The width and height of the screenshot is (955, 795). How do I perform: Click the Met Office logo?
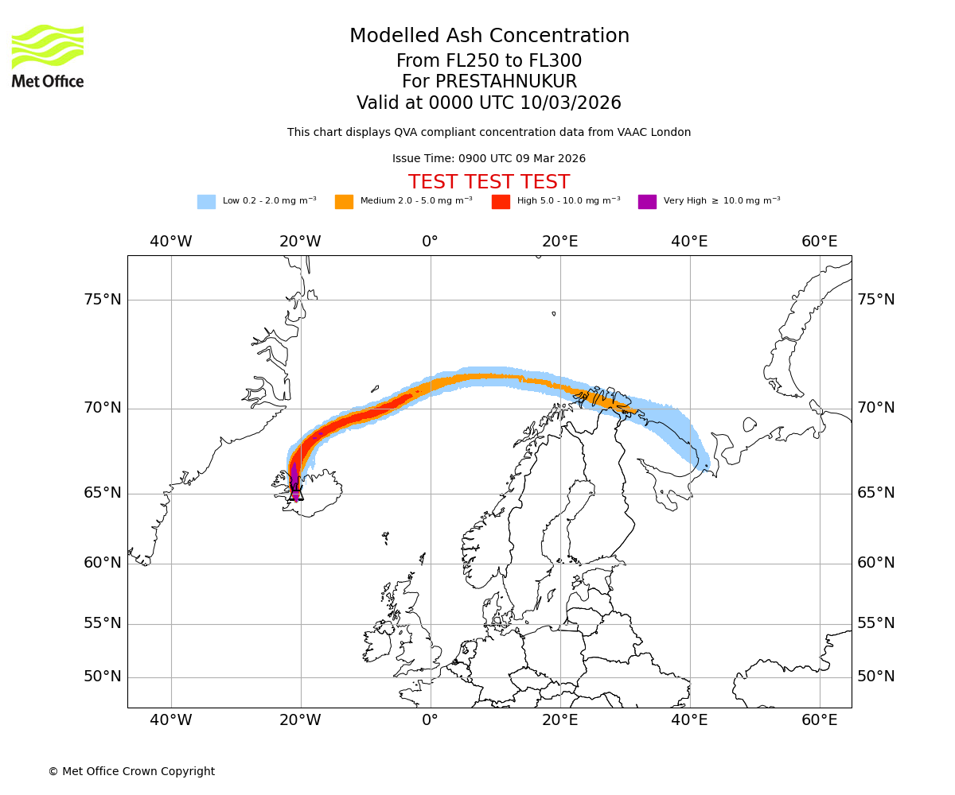point(48,56)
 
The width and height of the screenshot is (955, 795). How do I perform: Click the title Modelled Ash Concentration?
point(489,37)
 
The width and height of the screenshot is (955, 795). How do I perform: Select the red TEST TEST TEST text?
point(489,182)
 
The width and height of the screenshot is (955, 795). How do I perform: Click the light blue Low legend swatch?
point(206,202)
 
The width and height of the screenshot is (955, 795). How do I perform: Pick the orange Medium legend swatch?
point(344,202)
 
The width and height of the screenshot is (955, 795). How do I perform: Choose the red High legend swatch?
point(501,202)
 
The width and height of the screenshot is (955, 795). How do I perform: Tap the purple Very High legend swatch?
point(647,202)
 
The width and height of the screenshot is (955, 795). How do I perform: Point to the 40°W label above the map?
point(170,242)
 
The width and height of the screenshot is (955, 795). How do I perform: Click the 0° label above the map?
point(430,242)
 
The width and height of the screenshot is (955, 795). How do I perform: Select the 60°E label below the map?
point(819,720)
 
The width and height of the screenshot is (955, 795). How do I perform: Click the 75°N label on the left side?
point(103,300)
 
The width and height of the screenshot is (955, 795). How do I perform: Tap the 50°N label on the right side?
point(875,677)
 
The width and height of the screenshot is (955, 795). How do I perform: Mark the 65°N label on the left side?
point(103,493)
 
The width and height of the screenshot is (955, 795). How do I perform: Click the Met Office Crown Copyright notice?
point(131,771)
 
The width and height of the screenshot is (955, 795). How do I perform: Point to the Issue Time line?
point(489,159)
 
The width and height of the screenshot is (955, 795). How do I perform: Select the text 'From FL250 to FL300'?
point(489,61)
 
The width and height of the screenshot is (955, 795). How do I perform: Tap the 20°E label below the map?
point(559,720)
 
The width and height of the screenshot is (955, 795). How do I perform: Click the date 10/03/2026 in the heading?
point(571,103)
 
